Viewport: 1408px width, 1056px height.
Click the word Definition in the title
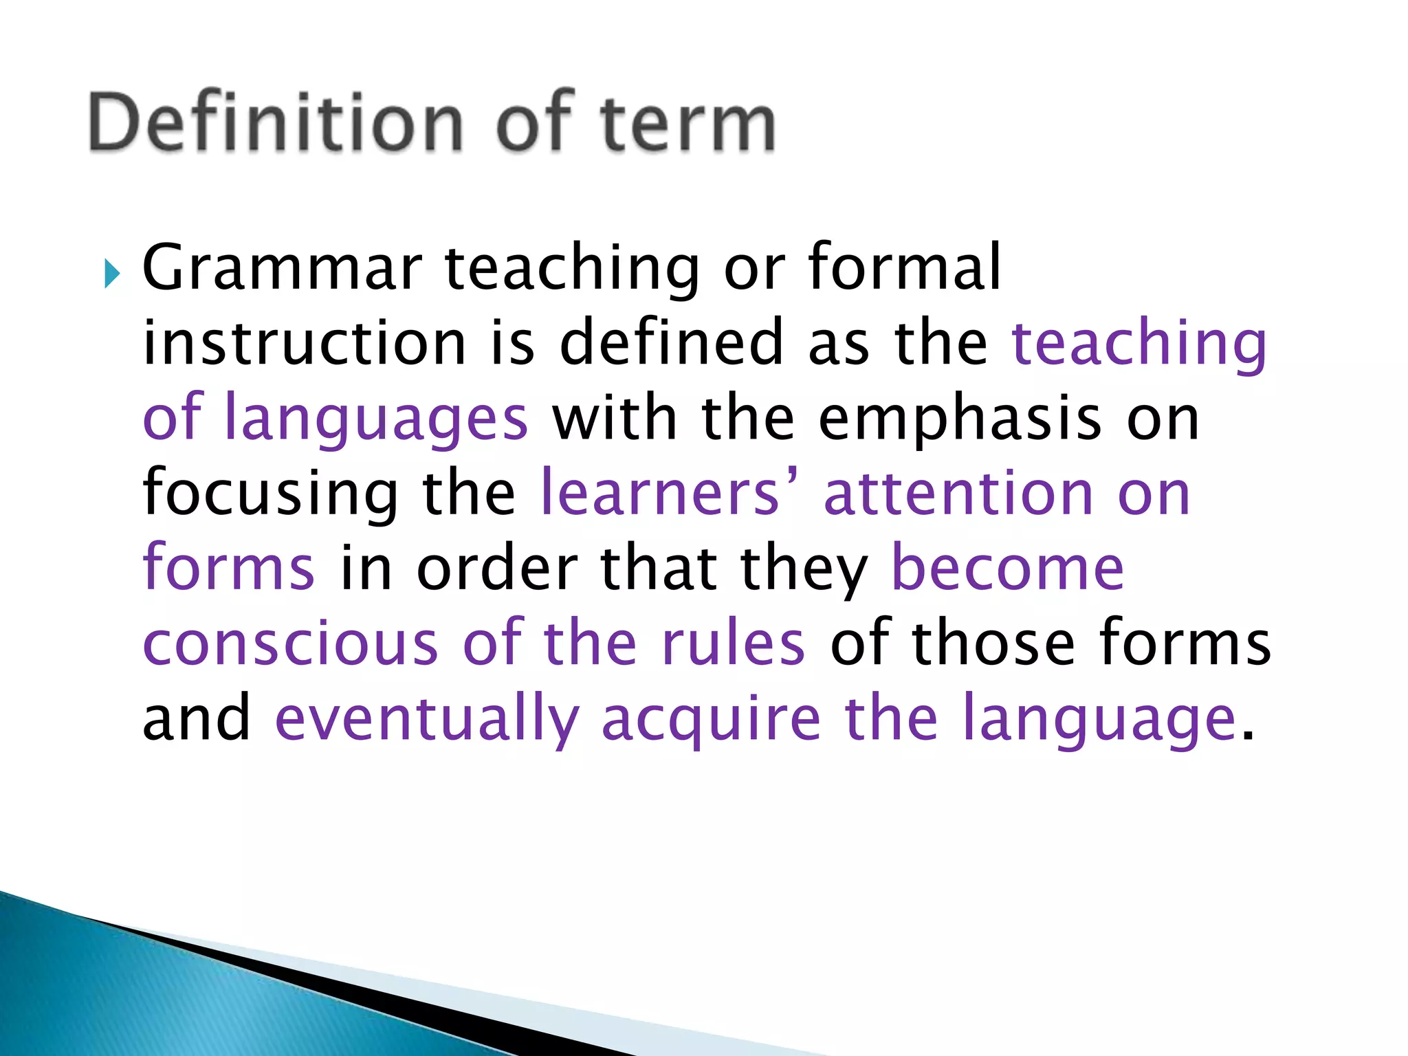[275, 122]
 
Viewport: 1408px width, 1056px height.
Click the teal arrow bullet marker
[112, 274]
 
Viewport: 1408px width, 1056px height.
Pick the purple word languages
[377, 419]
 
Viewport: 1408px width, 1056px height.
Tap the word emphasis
[960, 419]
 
